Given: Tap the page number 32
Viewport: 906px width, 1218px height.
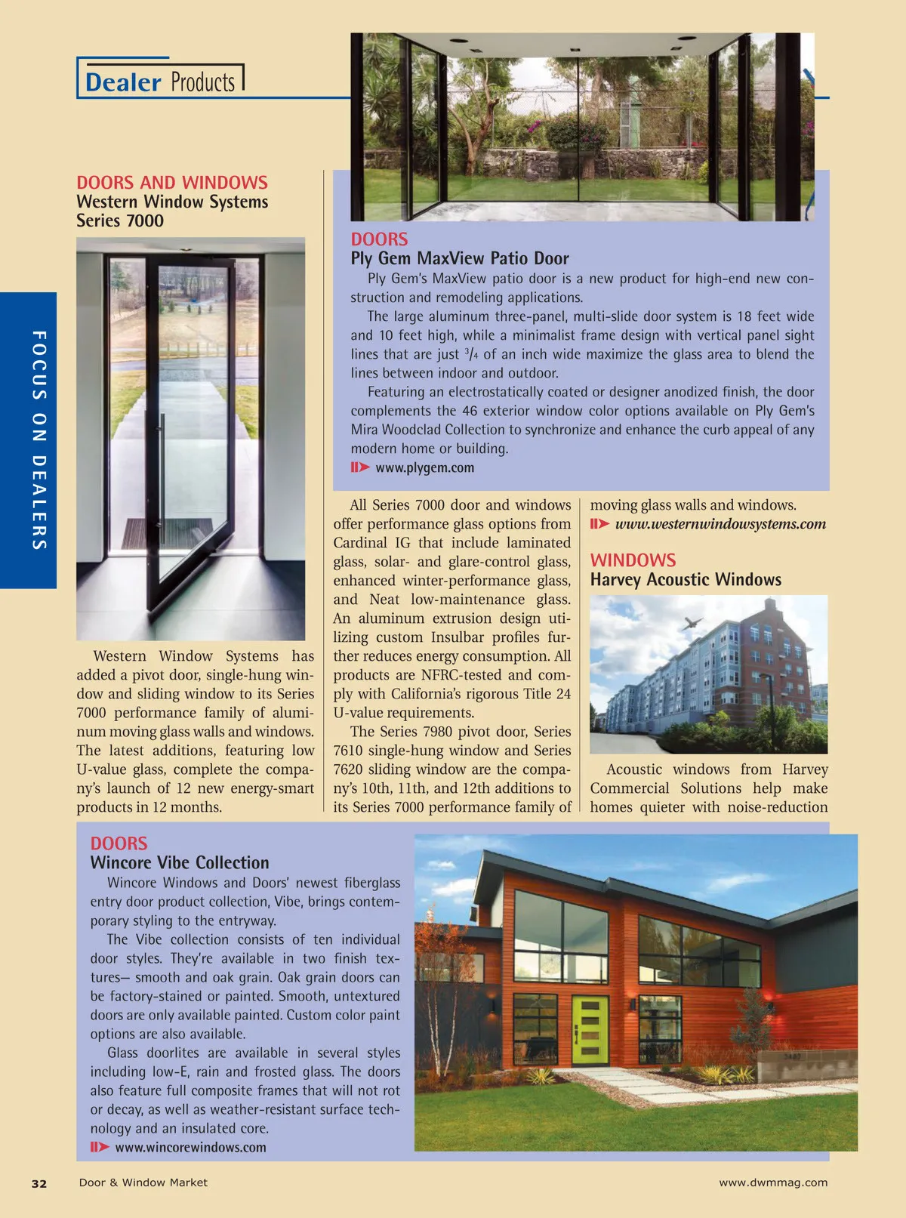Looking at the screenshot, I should [x=39, y=1183].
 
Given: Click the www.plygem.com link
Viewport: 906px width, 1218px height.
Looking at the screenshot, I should [x=424, y=467].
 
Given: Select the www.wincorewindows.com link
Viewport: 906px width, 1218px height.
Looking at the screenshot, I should [x=190, y=1147].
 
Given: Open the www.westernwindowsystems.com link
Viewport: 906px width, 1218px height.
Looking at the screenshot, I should [x=720, y=524].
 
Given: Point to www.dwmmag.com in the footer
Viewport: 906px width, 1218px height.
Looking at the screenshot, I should [x=773, y=1183].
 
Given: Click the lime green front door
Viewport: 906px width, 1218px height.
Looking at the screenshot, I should [x=590, y=1030].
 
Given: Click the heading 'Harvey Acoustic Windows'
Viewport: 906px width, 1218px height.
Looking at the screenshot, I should [x=686, y=579].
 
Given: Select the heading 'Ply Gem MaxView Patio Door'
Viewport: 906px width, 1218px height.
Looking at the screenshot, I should [x=459, y=258].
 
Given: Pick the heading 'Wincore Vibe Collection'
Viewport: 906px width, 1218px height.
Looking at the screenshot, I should [x=180, y=862].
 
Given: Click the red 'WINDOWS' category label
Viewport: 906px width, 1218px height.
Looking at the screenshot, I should [x=633, y=560].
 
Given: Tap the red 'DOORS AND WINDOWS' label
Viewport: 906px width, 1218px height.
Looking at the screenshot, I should [x=172, y=183].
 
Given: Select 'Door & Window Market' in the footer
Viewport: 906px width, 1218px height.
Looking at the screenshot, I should [x=143, y=1183].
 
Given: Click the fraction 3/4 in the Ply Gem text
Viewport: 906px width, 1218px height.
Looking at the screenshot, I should [x=470, y=353].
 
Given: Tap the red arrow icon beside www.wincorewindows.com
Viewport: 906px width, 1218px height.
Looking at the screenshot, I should [x=100, y=1147].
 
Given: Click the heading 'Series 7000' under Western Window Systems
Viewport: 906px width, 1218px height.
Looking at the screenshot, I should [x=120, y=220].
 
